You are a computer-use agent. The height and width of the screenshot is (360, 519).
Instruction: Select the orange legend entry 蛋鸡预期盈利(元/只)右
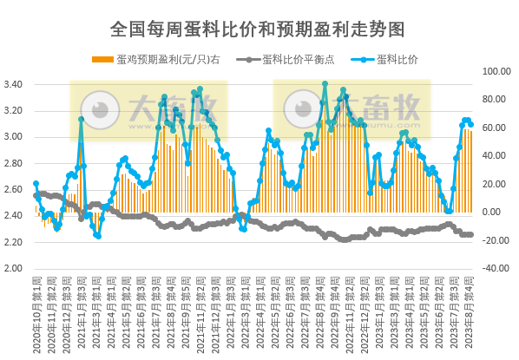(x=164, y=59)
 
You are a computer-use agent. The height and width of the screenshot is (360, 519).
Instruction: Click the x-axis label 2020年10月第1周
(x=36, y=308)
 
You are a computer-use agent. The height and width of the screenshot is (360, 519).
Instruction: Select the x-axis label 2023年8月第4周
(x=470, y=308)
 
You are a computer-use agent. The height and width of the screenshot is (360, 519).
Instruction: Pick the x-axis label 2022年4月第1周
(x=258, y=308)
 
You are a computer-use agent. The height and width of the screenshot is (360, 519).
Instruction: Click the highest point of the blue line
(x=325, y=83)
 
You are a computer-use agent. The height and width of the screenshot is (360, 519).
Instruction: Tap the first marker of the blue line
(x=36, y=183)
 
